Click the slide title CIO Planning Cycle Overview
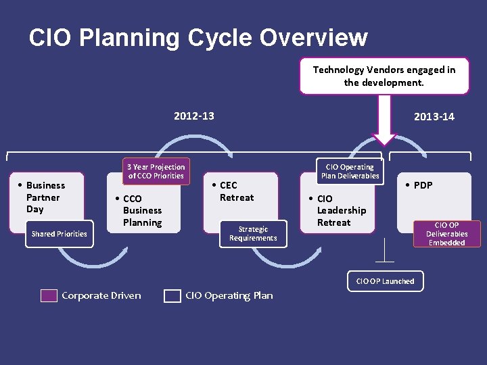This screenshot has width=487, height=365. click(x=198, y=38)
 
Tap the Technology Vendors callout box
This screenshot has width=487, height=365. click(x=384, y=76)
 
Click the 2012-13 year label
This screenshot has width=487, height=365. click(x=193, y=116)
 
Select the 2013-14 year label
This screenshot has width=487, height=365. click(x=434, y=117)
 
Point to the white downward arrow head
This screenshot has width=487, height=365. click(x=385, y=138)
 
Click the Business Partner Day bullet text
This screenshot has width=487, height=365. click(x=45, y=197)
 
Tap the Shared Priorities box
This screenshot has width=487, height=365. click(x=60, y=234)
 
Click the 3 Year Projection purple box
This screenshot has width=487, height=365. click(x=156, y=171)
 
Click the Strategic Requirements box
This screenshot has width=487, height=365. click(x=252, y=233)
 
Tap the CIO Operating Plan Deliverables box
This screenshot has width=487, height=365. click(x=350, y=171)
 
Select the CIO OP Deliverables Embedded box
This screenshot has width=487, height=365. click(x=446, y=234)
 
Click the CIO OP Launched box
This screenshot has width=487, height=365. click(x=385, y=281)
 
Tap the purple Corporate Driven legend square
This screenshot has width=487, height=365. click(x=49, y=295)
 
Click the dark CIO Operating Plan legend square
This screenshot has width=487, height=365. click(x=172, y=295)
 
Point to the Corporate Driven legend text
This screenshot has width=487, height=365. click(x=101, y=295)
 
